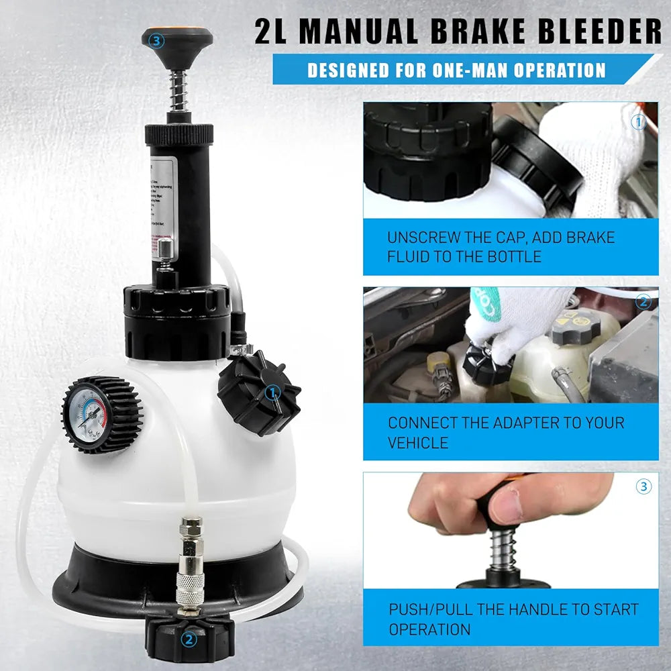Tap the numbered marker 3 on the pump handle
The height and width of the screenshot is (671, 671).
(x=158, y=41)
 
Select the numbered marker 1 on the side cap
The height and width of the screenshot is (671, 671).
(x=273, y=392)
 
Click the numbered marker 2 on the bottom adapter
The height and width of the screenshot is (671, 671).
(x=190, y=639)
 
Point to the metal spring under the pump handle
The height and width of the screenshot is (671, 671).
(x=176, y=91)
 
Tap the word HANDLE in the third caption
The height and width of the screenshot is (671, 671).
(x=539, y=610)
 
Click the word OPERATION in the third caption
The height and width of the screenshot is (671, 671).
(x=429, y=629)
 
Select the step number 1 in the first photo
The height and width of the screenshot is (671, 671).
(x=638, y=122)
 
